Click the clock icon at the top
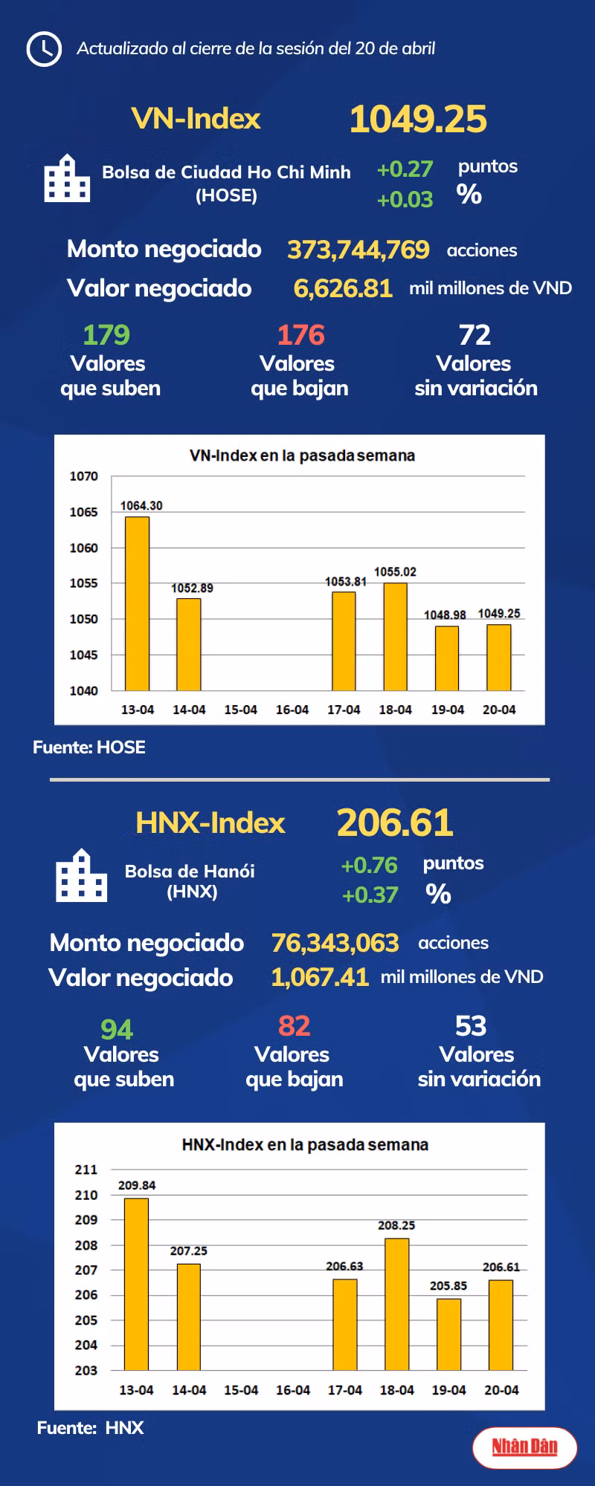click(x=44, y=49)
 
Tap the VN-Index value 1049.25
click(x=418, y=119)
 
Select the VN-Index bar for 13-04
click(x=137, y=603)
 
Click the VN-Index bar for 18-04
click(x=395, y=637)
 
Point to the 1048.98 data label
click(x=445, y=615)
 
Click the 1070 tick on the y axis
click(x=84, y=476)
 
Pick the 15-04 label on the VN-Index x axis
click(x=240, y=710)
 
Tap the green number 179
click(x=106, y=335)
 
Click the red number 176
click(x=300, y=335)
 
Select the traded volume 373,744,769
click(x=358, y=250)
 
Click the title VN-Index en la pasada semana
click(x=302, y=455)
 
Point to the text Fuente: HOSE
click(x=89, y=747)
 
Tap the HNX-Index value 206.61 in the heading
click(x=395, y=823)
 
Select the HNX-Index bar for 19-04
click(x=448, y=1334)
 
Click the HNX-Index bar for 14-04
click(x=188, y=1317)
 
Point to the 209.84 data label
click(x=137, y=1186)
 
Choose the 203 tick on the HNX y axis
click(x=86, y=1370)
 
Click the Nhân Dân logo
click(x=524, y=1447)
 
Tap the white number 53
click(x=471, y=1026)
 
